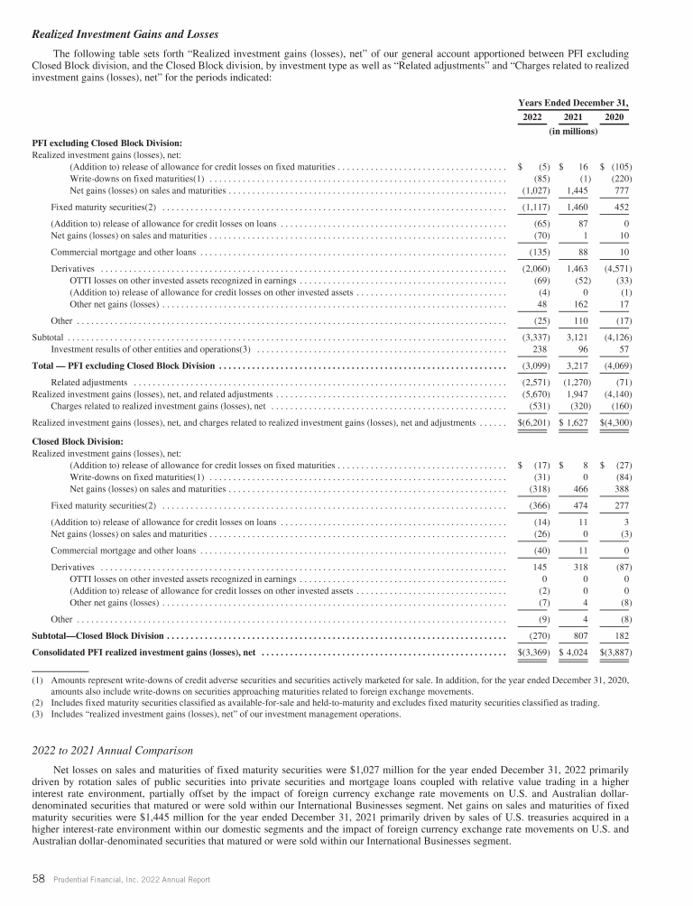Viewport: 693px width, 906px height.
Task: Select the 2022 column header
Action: pyautogui.click(x=531, y=118)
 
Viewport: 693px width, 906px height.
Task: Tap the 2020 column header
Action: pyautogui.click(x=614, y=118)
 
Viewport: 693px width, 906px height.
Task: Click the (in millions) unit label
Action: pyautogui.click(x=573, y=132)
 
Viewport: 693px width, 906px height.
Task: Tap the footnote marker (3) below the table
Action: pyautogui.click(x=38, y=715)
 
